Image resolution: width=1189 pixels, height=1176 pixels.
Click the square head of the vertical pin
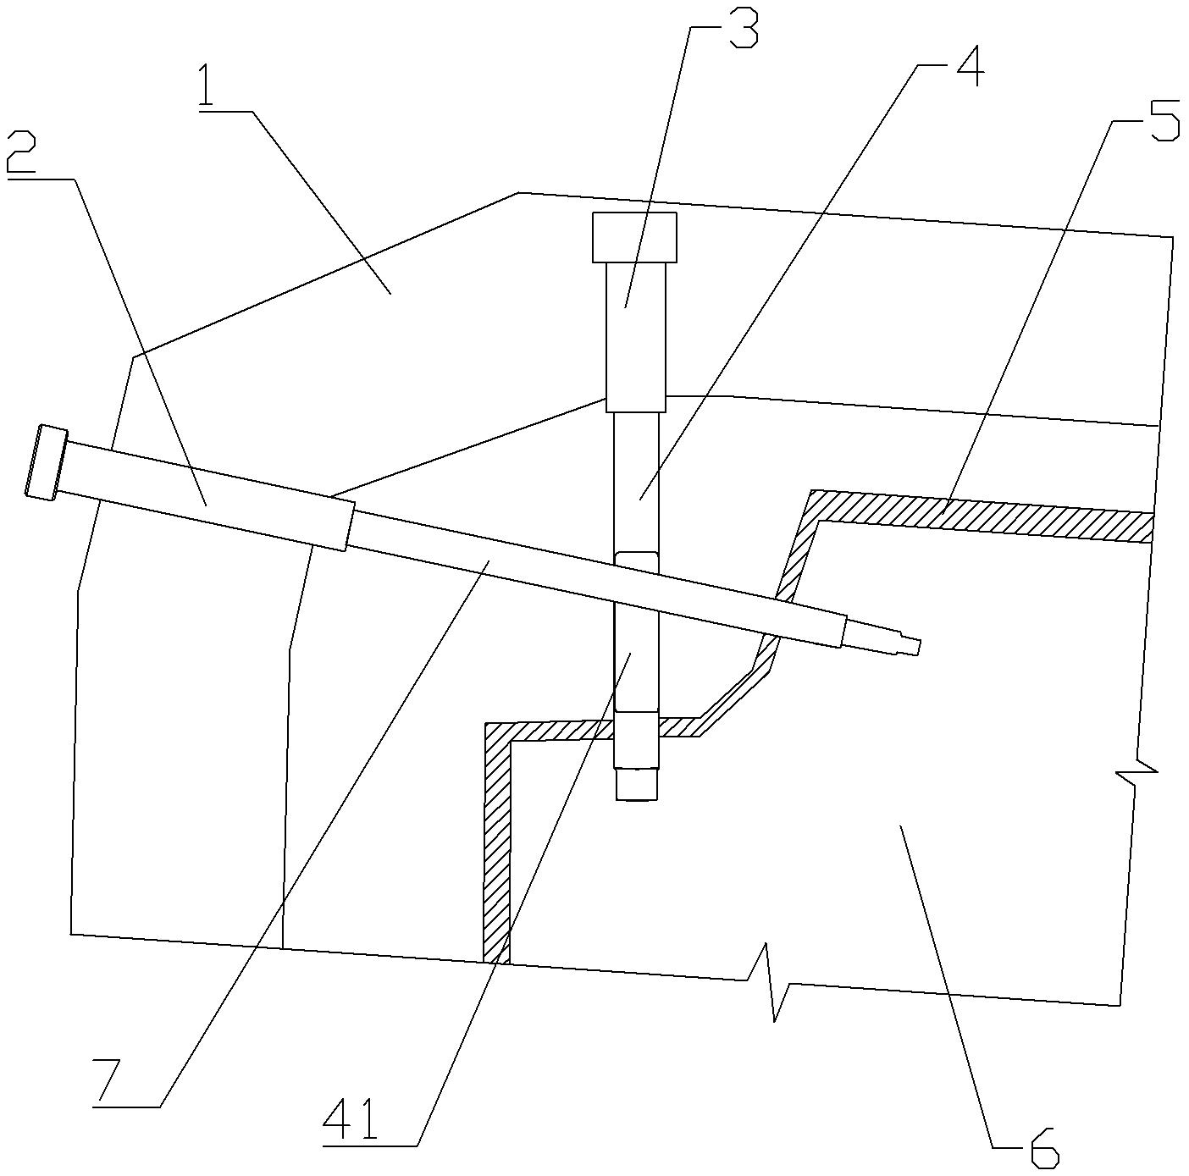click(634, 238)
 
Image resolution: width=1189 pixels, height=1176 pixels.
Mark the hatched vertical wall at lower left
click(496, 847)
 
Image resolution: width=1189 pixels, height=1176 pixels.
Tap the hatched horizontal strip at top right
click(982, 516)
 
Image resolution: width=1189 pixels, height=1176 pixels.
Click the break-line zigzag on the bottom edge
click(771, 982)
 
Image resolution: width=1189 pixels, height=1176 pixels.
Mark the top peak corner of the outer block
click(518, 193)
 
